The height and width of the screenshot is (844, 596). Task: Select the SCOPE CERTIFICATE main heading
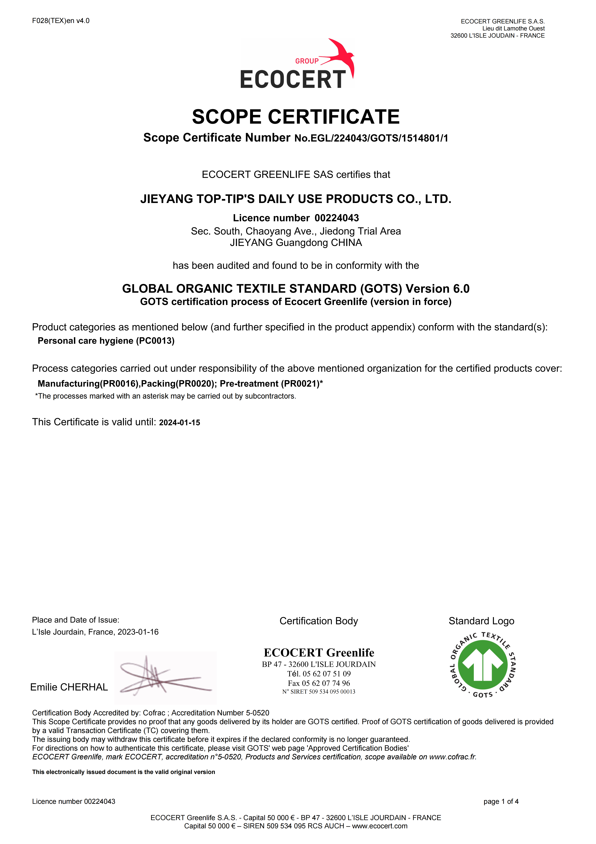(x=296, y=117)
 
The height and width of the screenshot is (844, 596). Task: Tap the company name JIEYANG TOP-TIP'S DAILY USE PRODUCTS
(x=296, y=199)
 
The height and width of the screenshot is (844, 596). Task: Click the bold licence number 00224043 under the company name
(x=337, y=218)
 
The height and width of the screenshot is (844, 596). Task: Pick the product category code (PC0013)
(x=155, y=341)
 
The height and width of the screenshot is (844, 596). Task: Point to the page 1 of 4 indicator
(x=501, y=801)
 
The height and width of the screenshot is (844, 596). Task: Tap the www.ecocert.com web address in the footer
(x=380, y=826)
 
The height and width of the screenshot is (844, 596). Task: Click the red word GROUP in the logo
(x=307, y=61)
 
